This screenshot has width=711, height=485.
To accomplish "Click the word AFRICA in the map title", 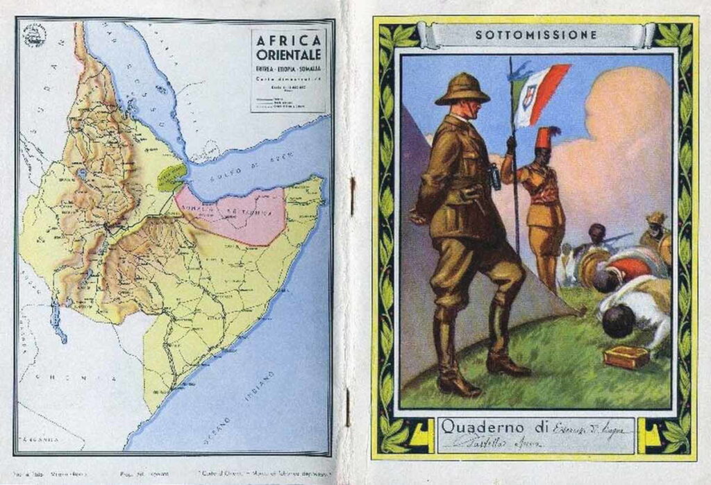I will coord(288,40).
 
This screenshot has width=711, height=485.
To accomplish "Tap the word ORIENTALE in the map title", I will coord(288,56).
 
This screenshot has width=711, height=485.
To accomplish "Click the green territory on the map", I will coord(171,177).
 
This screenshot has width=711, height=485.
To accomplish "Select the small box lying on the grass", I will coord(626,357).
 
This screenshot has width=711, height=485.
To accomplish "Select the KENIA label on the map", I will coord(76,378).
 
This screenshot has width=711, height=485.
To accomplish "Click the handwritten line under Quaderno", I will coord(514,441).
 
